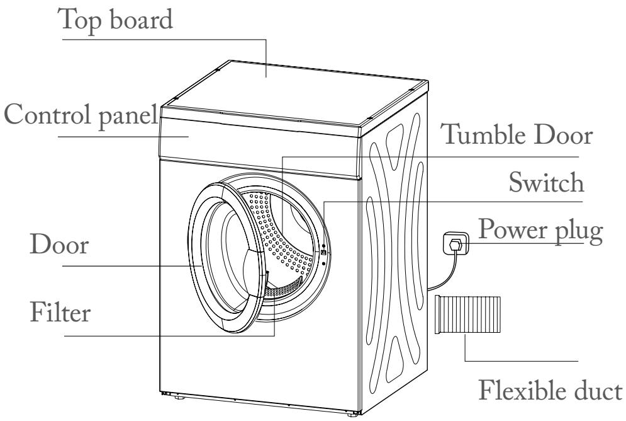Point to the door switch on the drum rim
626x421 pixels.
pyautogui.click(x=323, y=252)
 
